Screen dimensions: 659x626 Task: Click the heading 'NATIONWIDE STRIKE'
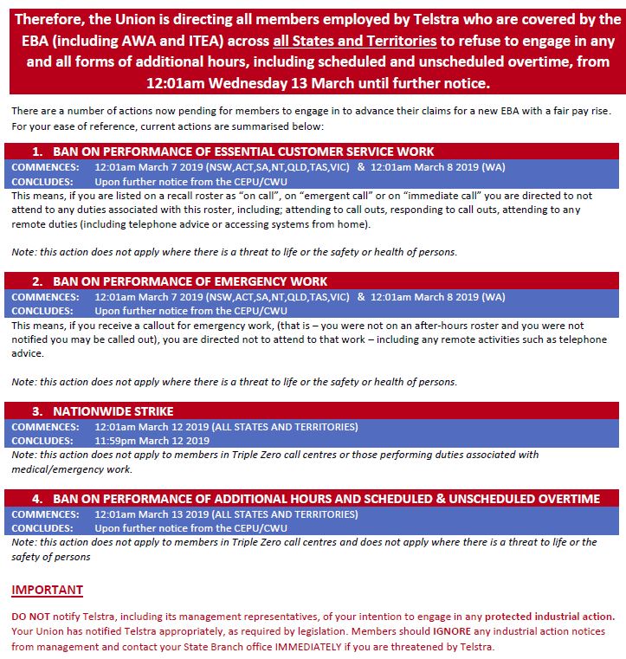[x=113, y=411]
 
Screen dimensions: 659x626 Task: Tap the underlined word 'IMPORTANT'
[x=47, y=591]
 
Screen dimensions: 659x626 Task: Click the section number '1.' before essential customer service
[x=38, y=152]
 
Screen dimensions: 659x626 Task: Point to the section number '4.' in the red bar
[x=38, y=499]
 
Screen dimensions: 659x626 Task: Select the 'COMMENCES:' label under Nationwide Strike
[x=45, y=427]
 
